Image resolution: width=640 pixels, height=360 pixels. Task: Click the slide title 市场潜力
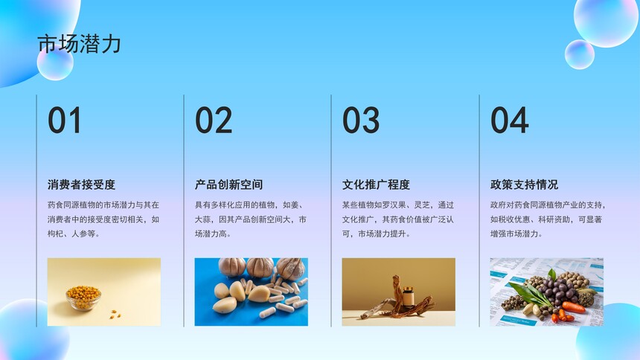click(79, 44)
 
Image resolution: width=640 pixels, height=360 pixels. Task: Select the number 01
click(65, 120)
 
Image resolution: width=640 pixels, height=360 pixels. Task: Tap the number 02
click(214, 120)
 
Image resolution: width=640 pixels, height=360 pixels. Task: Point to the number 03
click(361, 120)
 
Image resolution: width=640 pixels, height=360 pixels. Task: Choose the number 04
click(509, 120)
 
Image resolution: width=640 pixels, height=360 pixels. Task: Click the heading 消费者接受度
click(82, 184)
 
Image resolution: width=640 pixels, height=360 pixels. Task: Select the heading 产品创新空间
click(228, 184)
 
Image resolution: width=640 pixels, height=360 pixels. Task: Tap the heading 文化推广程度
click(376, 184)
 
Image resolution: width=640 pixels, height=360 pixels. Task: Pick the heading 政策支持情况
click(524, 184)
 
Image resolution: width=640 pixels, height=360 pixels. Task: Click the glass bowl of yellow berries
click(83, 298)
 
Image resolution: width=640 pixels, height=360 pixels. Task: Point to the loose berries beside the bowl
click(115, 314)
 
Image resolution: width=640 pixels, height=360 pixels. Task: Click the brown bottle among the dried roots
click(408, 297)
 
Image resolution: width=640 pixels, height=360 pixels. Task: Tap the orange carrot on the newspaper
click(573, 307)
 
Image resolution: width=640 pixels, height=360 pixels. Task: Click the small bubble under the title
click(55, 63)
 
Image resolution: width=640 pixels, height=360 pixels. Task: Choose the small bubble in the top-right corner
click(580, 54)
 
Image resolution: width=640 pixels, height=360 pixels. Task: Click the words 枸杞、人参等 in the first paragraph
click(72, 234)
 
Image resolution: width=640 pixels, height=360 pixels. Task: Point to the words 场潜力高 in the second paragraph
click(211, 234)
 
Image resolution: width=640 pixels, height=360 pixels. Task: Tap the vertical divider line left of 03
click(331, 210)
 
